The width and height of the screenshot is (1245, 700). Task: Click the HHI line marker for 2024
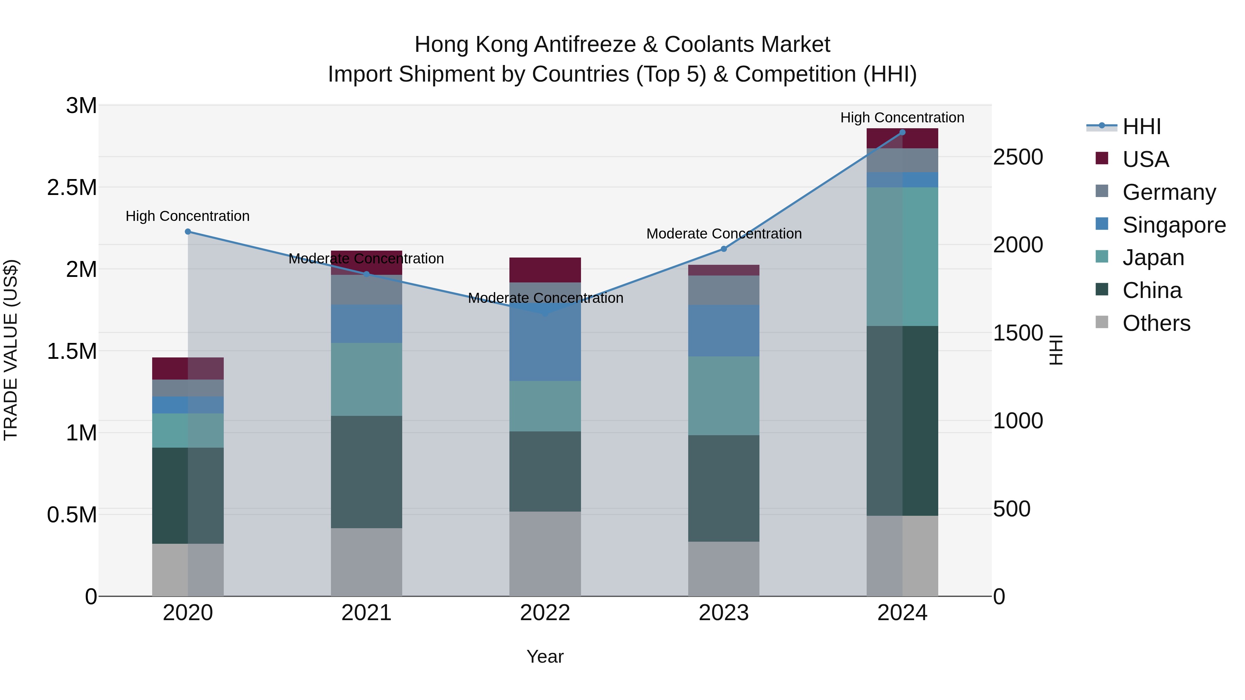tap(902, 132)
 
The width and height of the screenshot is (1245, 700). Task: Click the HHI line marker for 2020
tap(188, 231)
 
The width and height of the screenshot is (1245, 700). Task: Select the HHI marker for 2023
tap(723, 249)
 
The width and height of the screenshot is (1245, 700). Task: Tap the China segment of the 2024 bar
tap(902, 420)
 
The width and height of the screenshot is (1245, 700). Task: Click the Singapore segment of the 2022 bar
tap(545, 343)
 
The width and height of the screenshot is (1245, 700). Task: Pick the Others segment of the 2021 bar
tap(366, 562)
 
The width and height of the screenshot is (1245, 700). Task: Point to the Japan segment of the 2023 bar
tap(723, 396)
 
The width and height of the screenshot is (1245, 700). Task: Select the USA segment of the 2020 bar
tap(188, 368)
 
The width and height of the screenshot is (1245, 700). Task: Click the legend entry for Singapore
tap(1173, 225)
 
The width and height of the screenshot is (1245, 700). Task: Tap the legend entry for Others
tap(1156, 323)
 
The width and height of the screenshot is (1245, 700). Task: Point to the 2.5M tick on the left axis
tap(72, 187)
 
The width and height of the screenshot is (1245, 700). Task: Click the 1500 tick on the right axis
tap(1018, 333)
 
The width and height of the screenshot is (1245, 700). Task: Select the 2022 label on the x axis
tap(545, 613)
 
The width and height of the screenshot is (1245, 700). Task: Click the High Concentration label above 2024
tap(902, 118)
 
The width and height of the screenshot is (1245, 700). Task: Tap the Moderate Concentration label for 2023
tap(723, 234)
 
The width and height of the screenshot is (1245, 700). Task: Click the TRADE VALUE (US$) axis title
tap(11, 350)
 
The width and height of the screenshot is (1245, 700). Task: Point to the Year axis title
tap(545, 656)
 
